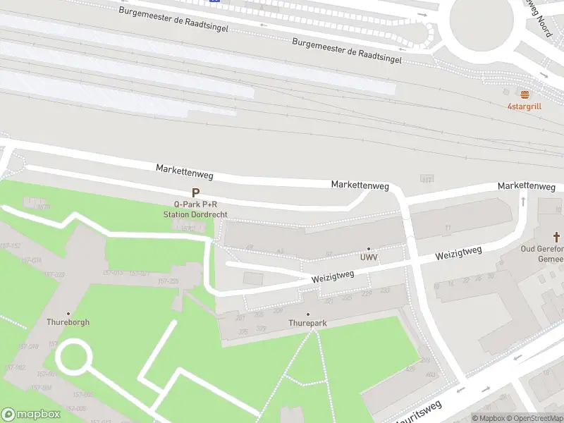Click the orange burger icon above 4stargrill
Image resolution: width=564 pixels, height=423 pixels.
point(524,94)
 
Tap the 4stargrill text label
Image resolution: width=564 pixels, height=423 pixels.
point(524,106)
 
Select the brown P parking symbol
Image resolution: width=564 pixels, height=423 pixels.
point(195,192)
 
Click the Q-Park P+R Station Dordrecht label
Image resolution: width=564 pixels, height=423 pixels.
point(195,209)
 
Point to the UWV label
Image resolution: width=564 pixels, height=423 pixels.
point(369,258)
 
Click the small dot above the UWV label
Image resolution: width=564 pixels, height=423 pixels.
point(369,249)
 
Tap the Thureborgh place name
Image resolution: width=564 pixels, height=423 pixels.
point(68,322)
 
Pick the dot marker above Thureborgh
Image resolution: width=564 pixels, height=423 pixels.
point(68,313)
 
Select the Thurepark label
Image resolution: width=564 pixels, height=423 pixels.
point(307,323)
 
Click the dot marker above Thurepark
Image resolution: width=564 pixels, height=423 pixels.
point(307,314)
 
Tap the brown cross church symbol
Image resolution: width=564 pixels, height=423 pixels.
point(556,237)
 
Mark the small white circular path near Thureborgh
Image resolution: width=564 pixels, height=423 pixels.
point(73,357)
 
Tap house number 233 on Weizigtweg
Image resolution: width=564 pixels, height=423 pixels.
point(385,290)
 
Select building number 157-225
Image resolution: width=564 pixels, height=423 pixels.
point(168,281)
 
